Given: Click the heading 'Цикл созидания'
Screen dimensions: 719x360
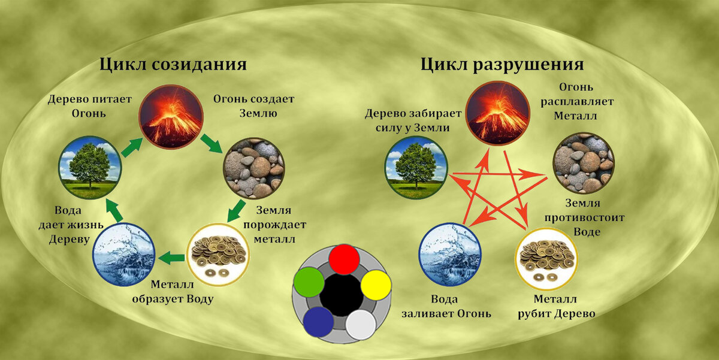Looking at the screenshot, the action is (173, 65).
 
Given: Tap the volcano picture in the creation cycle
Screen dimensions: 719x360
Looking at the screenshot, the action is (171, 116).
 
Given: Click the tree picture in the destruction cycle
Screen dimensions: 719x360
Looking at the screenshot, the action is (416, 168).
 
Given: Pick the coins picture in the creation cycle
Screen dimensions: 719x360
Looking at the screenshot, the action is (218, 255).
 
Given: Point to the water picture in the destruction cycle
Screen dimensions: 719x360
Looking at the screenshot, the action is (450, 255).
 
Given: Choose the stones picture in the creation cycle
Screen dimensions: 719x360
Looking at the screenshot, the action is (254, 168).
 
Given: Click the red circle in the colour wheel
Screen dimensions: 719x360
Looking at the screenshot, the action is (344, 259).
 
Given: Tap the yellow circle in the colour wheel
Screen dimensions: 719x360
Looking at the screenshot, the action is (376, 285).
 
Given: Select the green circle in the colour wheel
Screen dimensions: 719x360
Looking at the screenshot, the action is (309, 282).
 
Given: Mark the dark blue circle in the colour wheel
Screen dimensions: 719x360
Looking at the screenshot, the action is (318, 322).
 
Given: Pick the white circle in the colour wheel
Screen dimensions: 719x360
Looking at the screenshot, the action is (361, 325).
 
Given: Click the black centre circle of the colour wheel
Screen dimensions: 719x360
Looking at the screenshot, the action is (342, 295).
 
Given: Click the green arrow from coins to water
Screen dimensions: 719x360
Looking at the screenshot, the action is (172, 258).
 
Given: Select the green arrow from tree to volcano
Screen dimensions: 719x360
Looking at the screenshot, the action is (132, 147).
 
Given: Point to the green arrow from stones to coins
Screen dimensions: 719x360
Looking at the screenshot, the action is (236, 211).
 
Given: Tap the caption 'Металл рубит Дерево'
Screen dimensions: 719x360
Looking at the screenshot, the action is (556, 307).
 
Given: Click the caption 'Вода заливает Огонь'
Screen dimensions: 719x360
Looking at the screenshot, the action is (446, 307).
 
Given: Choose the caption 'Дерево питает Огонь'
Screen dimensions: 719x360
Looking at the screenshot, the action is (89, 106).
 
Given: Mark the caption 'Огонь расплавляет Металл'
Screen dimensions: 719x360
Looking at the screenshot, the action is (577, 101).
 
